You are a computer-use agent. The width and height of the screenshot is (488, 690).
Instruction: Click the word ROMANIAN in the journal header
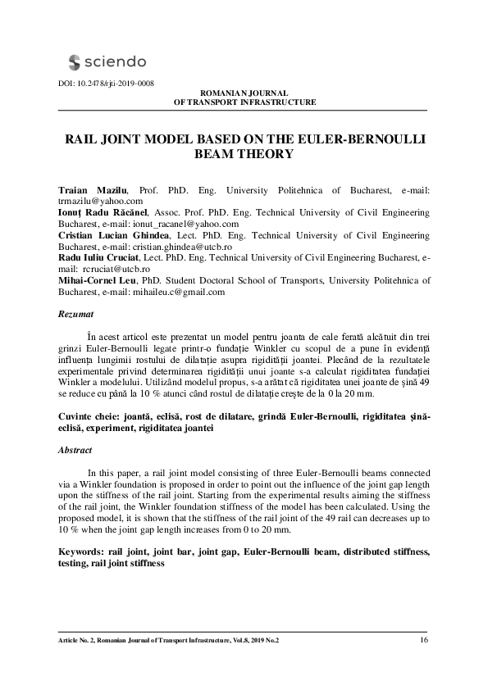tap(221, 93)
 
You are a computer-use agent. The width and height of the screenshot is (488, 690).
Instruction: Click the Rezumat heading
tap(76, 314)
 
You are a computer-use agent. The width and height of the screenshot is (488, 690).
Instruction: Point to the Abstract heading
tap(75, 450)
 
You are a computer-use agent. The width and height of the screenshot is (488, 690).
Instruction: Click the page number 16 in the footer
tap(423, 640)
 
